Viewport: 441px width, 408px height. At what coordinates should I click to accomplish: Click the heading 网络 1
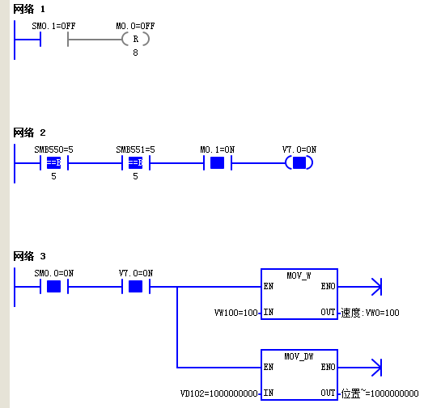click(29, 9)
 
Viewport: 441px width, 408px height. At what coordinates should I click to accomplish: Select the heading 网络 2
click(29, 132)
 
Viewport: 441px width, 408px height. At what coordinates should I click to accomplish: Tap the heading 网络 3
click(29, 256)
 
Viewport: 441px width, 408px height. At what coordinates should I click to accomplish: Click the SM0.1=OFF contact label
click(53, 26)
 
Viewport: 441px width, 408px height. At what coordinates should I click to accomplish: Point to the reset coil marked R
click(136, 39)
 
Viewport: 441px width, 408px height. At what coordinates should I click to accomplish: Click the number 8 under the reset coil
click(136, 53)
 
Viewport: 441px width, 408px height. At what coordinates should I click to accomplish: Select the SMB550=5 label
click(53, 149)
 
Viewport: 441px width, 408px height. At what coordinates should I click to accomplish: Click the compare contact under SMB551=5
click(136, 163)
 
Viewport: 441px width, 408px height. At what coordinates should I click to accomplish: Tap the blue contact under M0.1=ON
click(218, 163)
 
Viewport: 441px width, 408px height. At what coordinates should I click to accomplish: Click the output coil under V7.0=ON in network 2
click(299, 163)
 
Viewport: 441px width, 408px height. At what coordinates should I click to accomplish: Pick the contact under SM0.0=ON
click(53, 287)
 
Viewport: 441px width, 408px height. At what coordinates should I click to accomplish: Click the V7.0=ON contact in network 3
click(136, 287)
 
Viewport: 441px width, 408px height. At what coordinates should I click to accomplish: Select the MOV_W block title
click(299, 276)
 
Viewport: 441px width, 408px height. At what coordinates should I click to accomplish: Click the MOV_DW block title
click(299, 356)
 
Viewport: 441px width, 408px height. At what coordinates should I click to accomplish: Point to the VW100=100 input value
click(236, 313)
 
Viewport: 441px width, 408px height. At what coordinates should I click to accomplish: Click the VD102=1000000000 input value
click(219, 393)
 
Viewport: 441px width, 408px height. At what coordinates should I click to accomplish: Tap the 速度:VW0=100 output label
click(370, 313)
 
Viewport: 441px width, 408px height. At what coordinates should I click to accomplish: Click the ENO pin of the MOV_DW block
click(329, 367)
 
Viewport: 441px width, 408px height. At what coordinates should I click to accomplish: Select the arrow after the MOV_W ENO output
click(360, 287)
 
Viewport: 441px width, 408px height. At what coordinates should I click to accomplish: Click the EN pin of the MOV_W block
click(269, 286)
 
